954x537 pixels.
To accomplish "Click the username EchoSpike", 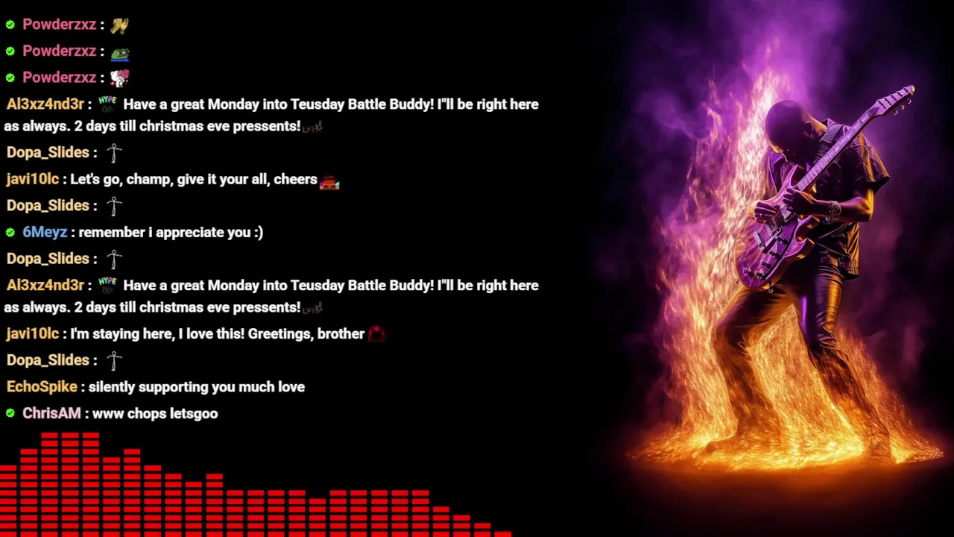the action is (42, 386).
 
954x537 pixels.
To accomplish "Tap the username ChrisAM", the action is (51, 413).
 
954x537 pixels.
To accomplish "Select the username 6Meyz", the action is (45, 232).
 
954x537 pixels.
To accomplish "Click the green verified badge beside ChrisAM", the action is (10, 413).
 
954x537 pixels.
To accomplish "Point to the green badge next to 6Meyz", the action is (10, 232).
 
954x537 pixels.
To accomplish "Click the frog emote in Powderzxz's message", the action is (120, 54).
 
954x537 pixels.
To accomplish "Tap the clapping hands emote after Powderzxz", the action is (119, 25).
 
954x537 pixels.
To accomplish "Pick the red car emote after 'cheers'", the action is (329, 183).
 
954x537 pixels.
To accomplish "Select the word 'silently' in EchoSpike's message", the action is (112, 387).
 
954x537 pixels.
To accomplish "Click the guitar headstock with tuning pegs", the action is (897, 100).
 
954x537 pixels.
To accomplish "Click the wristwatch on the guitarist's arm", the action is (834, 210).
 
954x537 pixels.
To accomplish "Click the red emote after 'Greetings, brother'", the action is (376, 333).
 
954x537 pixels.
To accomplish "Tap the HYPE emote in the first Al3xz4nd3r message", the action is (107, 104).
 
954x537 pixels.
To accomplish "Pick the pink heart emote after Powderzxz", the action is (120, 78).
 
